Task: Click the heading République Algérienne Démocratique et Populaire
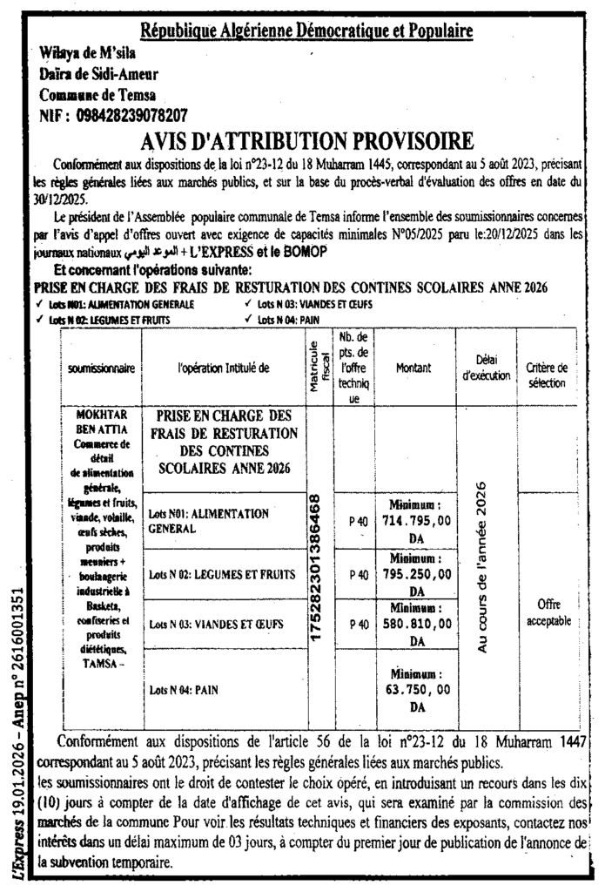tap(306, 32)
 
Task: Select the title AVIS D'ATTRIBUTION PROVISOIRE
tap(307, 140)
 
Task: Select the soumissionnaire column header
tap(101, 368)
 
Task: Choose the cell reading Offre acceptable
tap(548, 613)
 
